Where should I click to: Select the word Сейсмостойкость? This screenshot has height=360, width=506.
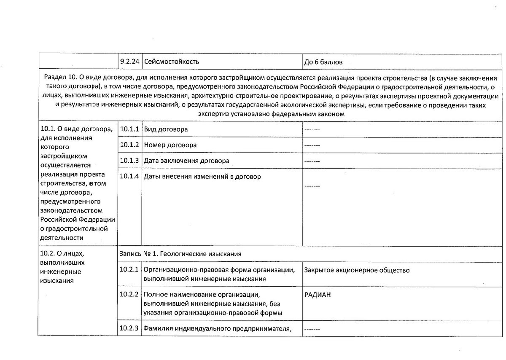172,62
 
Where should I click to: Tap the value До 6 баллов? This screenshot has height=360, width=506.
323,62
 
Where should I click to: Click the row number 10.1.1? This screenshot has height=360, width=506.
129,129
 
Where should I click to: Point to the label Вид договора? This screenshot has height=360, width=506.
166,129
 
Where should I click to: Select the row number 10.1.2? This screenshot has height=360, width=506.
129,145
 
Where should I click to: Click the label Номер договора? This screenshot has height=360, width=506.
170,145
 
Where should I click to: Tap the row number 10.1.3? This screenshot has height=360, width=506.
129,161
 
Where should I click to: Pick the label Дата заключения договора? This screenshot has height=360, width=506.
186,161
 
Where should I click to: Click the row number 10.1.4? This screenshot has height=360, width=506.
129,176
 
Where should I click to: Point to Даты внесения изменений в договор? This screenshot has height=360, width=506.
202,177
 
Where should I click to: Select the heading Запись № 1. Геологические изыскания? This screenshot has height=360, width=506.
180,254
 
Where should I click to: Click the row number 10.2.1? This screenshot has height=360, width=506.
129,270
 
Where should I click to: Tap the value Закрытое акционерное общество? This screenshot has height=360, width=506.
357,270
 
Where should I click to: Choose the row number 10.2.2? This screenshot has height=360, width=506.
129,294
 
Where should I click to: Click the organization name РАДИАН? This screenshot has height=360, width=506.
318,295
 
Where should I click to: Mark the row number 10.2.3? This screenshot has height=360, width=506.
129,328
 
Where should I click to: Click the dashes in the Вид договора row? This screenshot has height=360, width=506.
312,129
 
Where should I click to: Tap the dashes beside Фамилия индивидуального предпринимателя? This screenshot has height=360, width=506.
312,329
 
